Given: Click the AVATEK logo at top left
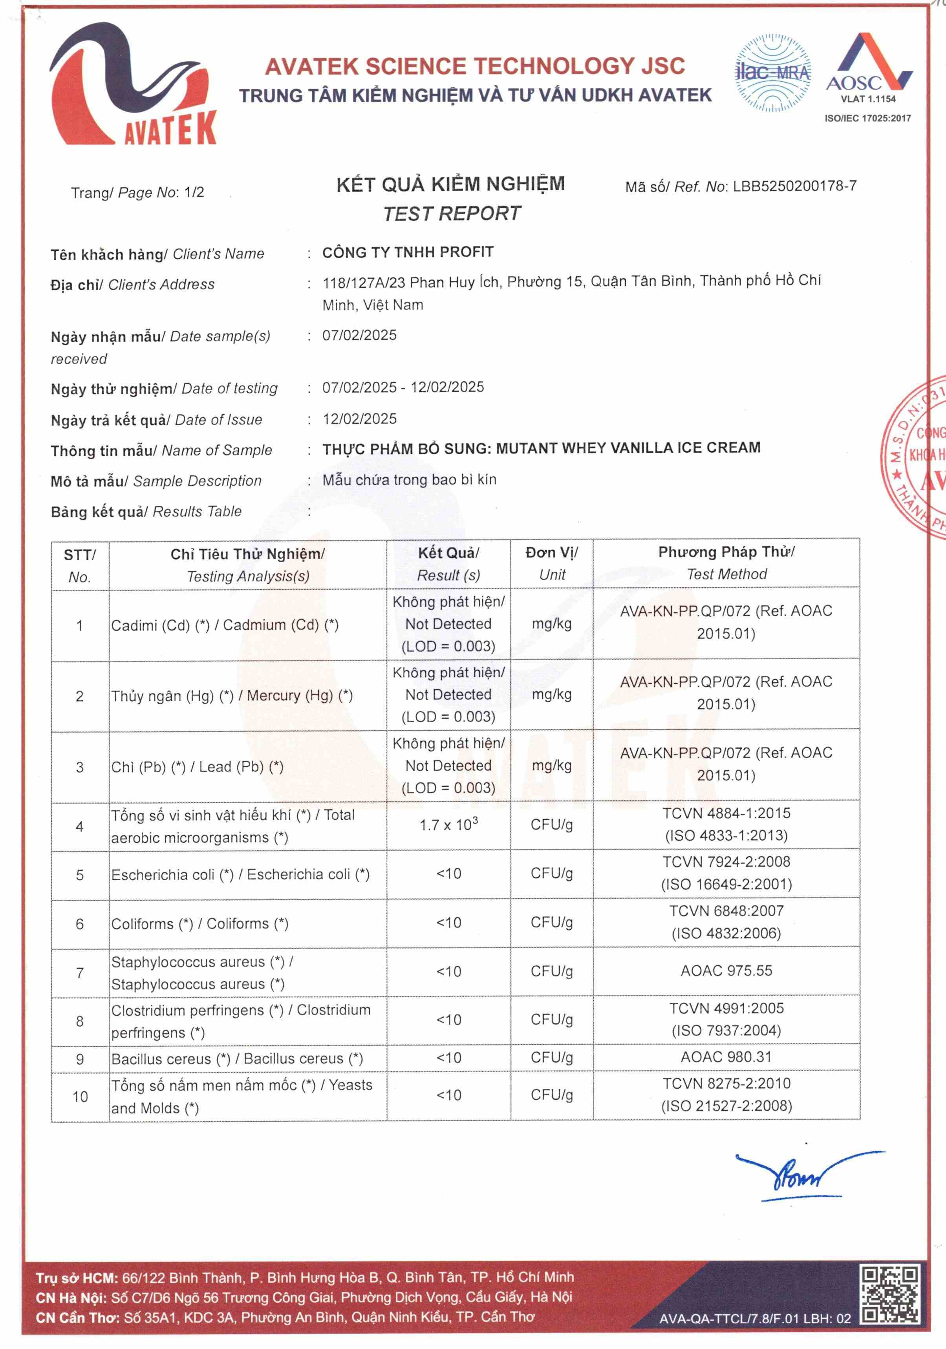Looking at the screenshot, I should point(134,85).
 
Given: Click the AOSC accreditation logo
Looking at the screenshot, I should point(868,68).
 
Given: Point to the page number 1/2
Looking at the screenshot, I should point(194,192).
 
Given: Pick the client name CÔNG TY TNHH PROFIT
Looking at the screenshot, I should point(408,252).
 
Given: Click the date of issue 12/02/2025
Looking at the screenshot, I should point(360,419).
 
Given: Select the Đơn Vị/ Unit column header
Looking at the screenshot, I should point(552,563).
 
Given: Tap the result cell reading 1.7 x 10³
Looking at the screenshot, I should point(448,825).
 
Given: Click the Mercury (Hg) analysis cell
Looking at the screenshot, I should point(232,696).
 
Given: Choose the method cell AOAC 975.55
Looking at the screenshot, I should point(726,971).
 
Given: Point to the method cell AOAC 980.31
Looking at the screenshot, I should point(726,1057).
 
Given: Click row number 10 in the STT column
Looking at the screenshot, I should point(80,1096).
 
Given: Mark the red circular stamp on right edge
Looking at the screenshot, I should point(917,455).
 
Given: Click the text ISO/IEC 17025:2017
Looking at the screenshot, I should point(868,118).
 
